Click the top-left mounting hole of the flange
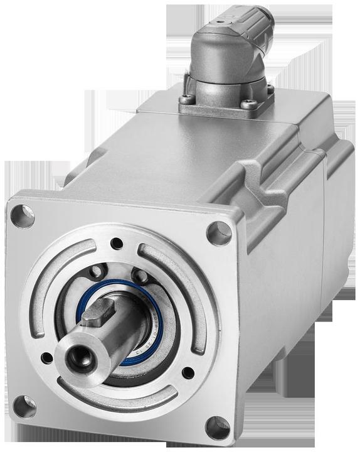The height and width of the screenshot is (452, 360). [x=23, y=216]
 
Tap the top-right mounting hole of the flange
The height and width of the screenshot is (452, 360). [x=219, y=233]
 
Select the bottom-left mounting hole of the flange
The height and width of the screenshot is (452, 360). [x=24, y=406]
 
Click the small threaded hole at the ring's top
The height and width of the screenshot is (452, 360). [x=116, y=243]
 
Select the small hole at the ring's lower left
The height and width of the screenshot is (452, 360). [x=47, y=358]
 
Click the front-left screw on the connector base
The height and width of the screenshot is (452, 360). [x=186, y=99]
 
